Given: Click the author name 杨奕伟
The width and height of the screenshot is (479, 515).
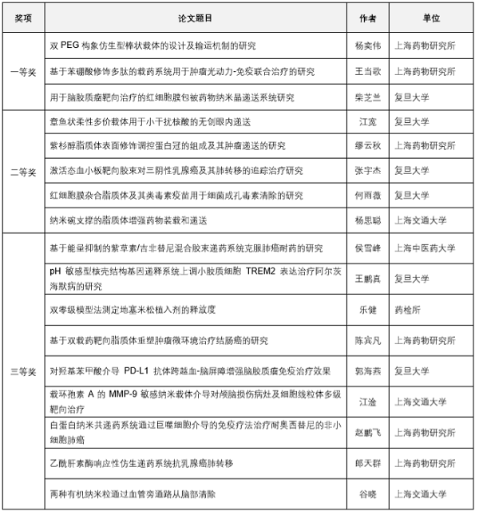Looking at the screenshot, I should (368, 46).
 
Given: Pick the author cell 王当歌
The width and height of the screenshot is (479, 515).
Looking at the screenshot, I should (368, 72).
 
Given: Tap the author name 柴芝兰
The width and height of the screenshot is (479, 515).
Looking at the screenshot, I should (368, 97).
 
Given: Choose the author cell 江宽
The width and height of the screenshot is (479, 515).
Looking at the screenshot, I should (368, 121).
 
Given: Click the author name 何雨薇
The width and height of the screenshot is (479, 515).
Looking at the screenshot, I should (368, 195).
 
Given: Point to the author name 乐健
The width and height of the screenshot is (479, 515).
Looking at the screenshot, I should (368, 307).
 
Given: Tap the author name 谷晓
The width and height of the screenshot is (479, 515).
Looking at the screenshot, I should (368, 494).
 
